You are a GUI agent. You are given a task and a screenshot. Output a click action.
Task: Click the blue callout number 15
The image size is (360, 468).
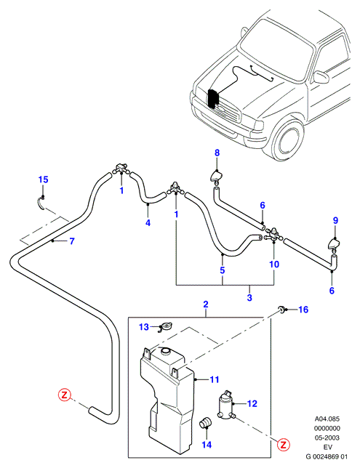tap(44, 179)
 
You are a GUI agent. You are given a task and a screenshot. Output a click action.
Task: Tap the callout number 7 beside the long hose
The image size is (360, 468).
tap(72, 241)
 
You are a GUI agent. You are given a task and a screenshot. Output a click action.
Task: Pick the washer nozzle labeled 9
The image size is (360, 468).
tap(334, 243)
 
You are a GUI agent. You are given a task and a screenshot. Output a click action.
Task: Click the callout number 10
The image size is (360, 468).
tap(274, 264)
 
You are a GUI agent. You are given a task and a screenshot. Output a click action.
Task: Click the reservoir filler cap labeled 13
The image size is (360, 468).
tap(164, 328)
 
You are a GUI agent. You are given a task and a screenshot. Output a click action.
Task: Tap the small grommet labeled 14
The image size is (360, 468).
tap(205, 421)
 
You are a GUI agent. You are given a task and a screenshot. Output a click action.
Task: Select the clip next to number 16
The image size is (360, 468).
tap(282, 309)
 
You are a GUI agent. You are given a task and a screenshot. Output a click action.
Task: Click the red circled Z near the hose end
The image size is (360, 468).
tap(64, 395)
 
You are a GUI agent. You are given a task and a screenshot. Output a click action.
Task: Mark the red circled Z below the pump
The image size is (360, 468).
tap(283, 445)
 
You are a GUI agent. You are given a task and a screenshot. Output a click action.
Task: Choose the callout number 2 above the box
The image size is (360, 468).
tap(206, 304)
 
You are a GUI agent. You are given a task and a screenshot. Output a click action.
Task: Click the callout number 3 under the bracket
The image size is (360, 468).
tap(249, 297)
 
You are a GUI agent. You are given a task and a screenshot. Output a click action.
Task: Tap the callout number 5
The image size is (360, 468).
tap(223, 270)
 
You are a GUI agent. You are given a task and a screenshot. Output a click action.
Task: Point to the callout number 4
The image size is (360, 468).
tap(148, 222)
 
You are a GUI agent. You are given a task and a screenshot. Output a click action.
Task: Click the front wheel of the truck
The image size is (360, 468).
tap(288, 140)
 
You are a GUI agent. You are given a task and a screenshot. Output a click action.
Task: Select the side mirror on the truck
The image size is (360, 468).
tap(321, 77)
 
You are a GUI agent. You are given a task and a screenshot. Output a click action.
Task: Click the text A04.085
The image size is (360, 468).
tap(327, 419)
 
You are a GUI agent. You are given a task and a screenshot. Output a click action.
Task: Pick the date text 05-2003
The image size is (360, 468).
tap(327, 438)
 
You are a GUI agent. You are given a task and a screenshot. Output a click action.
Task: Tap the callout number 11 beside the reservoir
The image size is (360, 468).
tap(215, 379)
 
